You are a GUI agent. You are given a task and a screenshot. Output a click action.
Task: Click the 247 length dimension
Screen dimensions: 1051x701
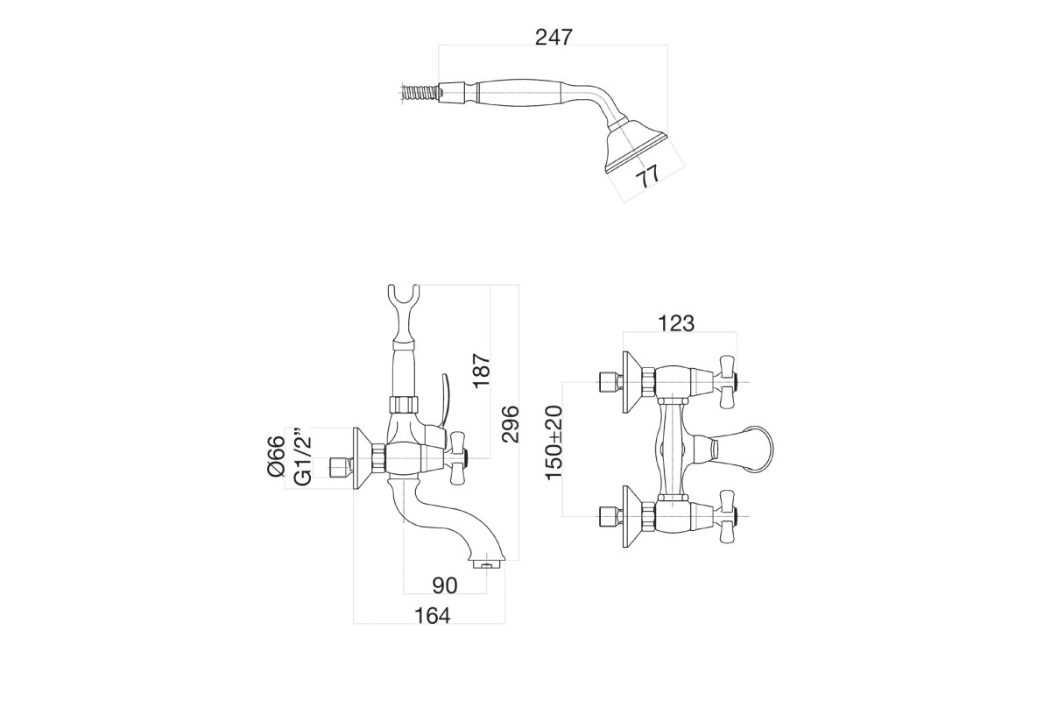coord(554,37)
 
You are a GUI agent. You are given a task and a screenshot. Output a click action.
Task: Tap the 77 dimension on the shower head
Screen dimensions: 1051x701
coord(648,176)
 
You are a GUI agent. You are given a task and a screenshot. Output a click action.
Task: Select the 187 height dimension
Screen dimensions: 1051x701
coord(482,371)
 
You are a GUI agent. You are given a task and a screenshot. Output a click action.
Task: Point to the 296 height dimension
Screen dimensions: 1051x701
coord(510,424)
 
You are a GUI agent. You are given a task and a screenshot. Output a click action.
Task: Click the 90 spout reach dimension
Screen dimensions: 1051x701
coord(444,585)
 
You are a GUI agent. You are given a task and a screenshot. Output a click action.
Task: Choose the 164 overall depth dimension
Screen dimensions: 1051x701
coord(432,616)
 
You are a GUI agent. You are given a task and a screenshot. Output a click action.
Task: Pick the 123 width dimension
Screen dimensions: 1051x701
coord(676,323)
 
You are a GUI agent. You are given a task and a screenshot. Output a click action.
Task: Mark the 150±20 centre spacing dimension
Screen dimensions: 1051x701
coord(554,443)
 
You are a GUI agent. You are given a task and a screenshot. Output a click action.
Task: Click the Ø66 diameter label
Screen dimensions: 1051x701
coord(277,456)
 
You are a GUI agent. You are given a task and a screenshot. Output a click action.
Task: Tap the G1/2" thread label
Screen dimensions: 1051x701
coord(303,457)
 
